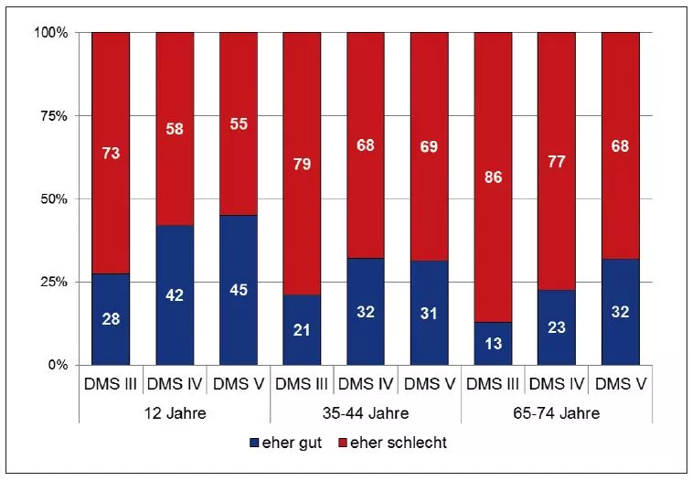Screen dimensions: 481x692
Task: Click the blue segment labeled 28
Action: (x=111, y=319)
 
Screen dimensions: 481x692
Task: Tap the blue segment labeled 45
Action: (x=238, y=290)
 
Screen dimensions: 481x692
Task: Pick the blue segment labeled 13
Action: (x=493, y=344)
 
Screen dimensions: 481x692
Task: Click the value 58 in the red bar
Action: (x=175, y=129)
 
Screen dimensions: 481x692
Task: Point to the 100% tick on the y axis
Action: (x=51, y=33)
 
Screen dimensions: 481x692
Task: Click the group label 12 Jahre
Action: (x=175, y=412)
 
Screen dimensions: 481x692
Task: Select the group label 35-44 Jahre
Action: (x=365, y=412)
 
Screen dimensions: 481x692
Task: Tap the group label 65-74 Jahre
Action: (x=556, y=412)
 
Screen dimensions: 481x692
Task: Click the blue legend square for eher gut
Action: (x=253, y=444)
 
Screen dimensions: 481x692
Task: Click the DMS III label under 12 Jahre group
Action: (x=111, y=385)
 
